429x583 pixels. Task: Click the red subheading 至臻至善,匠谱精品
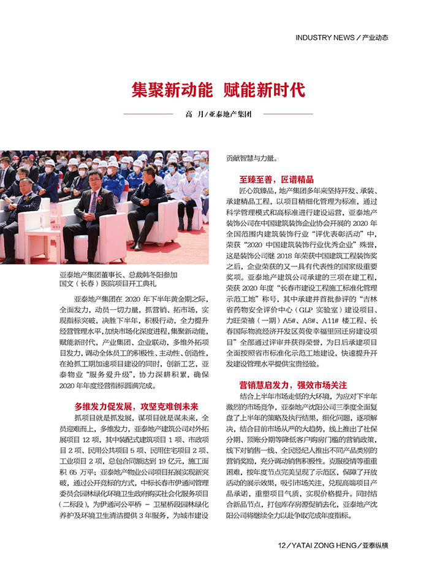pos(276,180)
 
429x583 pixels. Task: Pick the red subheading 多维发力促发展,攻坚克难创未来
pos(136,406)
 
